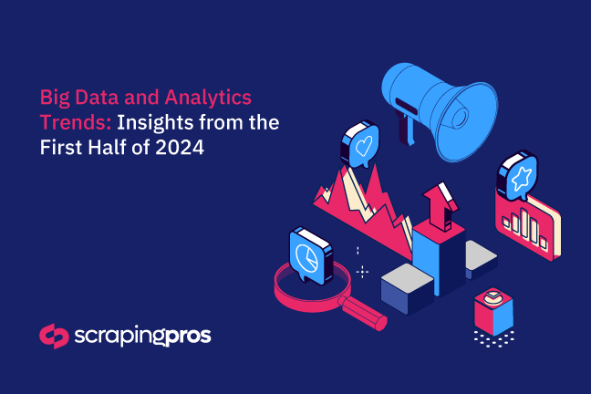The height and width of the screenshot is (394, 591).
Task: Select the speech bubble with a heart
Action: [359, 146]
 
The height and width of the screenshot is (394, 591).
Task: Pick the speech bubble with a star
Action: [516, 178]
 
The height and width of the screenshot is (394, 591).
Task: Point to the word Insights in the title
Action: [158, 121]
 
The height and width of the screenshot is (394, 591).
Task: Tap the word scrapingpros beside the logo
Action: [141, 337]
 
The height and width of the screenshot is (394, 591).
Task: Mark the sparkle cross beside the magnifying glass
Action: [362, 271]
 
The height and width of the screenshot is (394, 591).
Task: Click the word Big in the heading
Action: [56, 96]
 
